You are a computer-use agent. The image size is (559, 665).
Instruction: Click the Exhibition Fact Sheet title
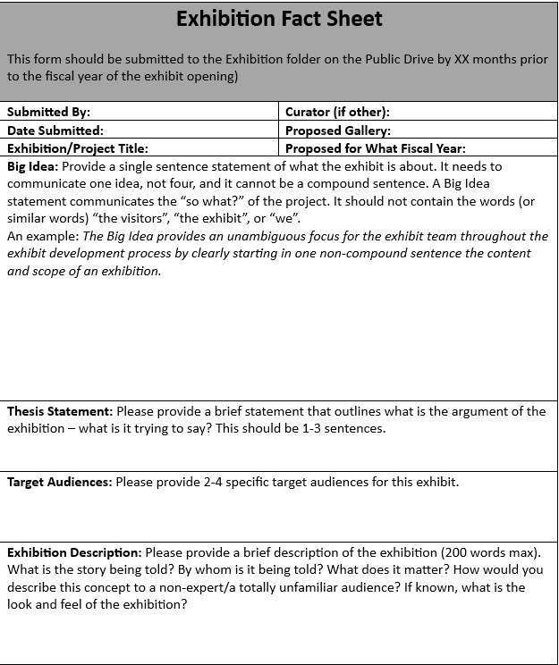279,19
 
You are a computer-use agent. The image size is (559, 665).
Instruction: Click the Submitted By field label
49,112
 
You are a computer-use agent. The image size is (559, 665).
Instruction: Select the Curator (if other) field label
337,112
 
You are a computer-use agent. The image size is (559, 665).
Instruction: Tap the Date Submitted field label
55,130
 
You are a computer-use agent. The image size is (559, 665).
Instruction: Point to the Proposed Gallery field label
338,130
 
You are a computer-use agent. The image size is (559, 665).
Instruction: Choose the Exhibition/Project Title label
78,148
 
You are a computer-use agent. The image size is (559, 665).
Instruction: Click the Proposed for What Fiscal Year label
376,148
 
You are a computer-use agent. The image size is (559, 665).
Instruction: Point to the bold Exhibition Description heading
74,553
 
